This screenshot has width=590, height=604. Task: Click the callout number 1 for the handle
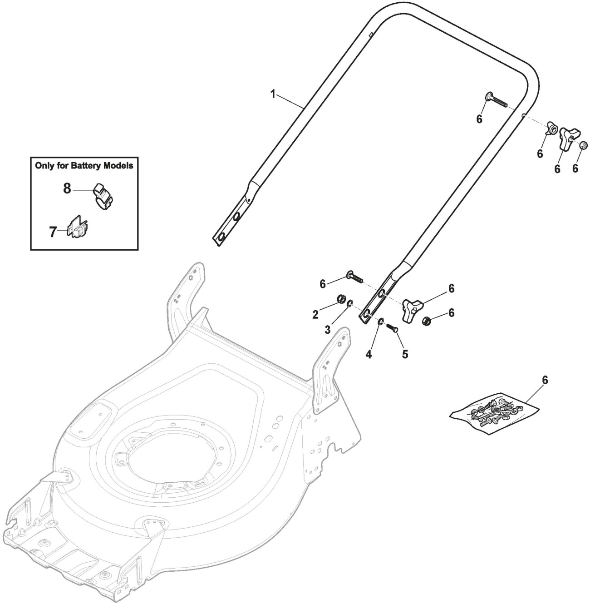(273, 94)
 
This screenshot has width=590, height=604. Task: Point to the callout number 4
(369, 354)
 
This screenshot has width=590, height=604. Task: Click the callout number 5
(404, 353)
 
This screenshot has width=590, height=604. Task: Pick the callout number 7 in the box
(53, 232)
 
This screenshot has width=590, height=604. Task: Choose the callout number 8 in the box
(67, 188)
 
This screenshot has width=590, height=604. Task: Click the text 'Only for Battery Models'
(84, 166)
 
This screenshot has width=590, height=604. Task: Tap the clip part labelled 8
(104, 197)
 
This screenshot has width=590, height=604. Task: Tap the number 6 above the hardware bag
(545, 380)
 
